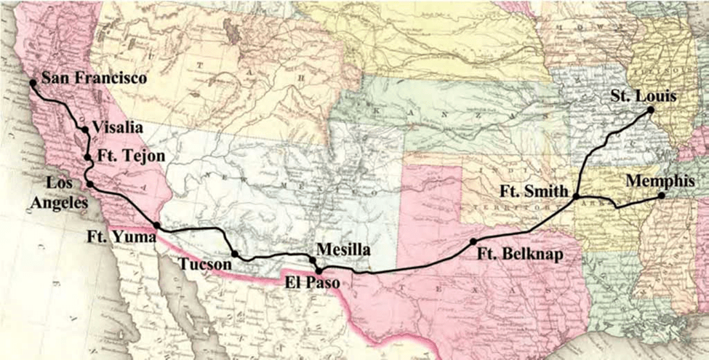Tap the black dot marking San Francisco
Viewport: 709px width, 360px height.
click(x=33, y=83)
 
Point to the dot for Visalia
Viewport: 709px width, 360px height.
click(x=85, y=130)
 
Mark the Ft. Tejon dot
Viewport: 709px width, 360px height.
click(x=87, y=157)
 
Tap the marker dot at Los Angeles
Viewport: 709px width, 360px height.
click(x=90, y=185)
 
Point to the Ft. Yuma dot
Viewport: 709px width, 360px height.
click(x=157, y=225)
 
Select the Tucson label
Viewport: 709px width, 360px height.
click(x=207, y=264)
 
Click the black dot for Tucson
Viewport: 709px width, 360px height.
click(x=234, y=254)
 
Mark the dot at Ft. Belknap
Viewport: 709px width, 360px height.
click(x=473, y=241)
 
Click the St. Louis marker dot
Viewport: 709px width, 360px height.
click(x=651, y=111)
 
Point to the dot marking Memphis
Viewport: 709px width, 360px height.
click(x=661, y=196)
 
